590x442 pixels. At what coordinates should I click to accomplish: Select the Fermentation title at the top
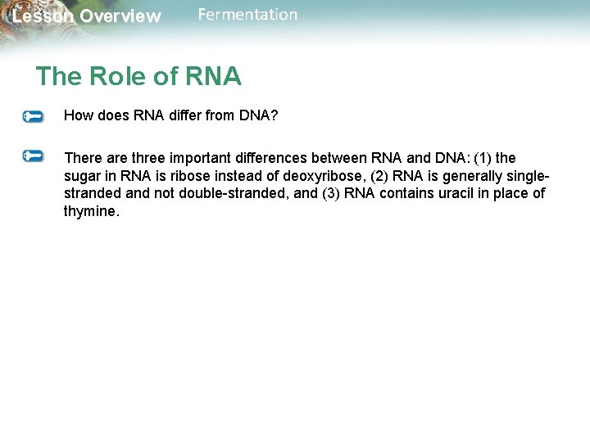tap(247, 15)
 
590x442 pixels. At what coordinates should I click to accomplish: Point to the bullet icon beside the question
tap(33, 117)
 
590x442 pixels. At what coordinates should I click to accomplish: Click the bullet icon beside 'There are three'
tap(33, 155)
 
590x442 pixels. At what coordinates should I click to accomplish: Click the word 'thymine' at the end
tap(89, 211)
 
